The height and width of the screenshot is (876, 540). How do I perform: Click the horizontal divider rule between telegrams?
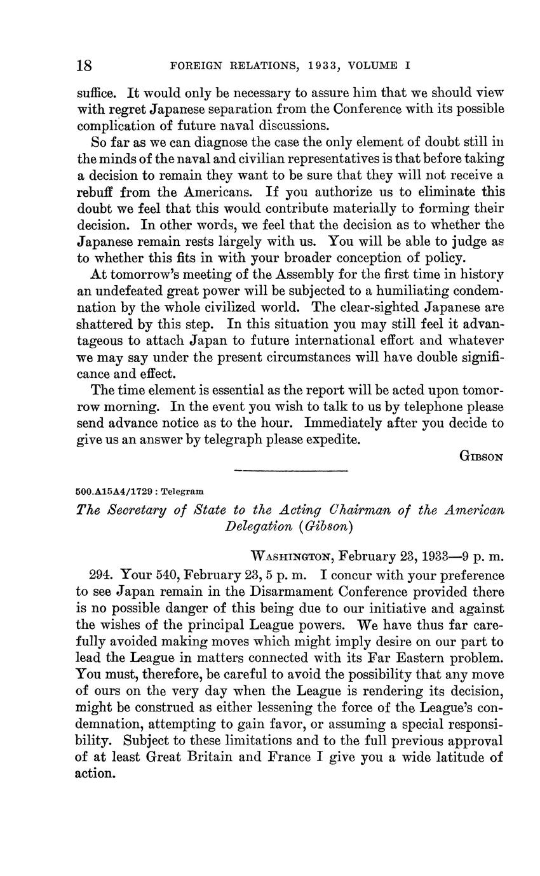(x=292, y=471)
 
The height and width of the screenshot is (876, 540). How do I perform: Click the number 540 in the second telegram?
(x=168, y=576)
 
